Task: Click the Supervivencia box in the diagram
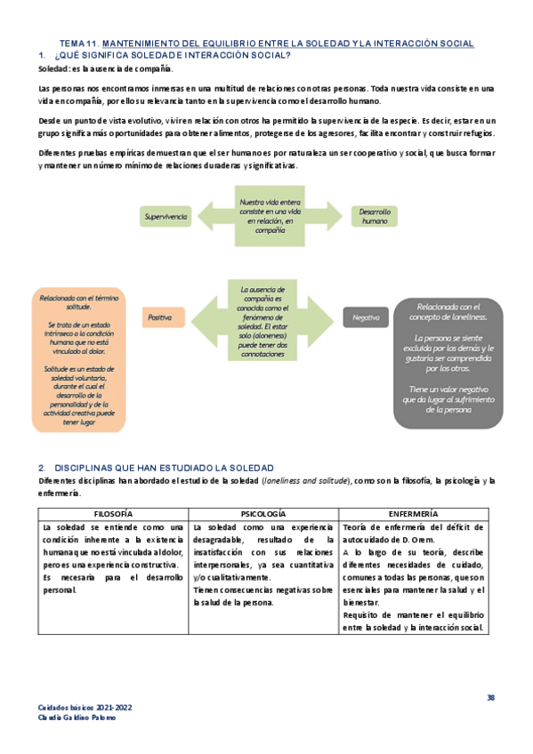click(x=166, y=216)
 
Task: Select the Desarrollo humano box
click(x=374, y=216)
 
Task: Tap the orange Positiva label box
click(x=160, y=317)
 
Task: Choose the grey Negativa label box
click(x=366, y=317)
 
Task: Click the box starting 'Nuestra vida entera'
click(x=269, y=216)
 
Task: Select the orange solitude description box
click(x=79, y=360)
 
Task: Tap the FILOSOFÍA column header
click(x=114, y=514)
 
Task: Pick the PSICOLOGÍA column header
click(x=263, y=514)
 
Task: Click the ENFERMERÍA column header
click(x=413, y=514)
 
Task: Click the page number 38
click(x=490, y=696)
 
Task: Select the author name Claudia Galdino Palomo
click(x=77, y=718)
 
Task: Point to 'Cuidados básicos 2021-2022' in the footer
click(x=85, y=708)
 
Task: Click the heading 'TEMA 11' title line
click(x=266, y=44)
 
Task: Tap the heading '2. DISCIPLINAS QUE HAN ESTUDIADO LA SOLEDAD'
click(x=156, y=468)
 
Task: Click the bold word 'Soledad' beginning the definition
click(x=53, y=68)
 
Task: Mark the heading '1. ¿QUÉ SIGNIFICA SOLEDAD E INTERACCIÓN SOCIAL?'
click(x=164, y=55)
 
